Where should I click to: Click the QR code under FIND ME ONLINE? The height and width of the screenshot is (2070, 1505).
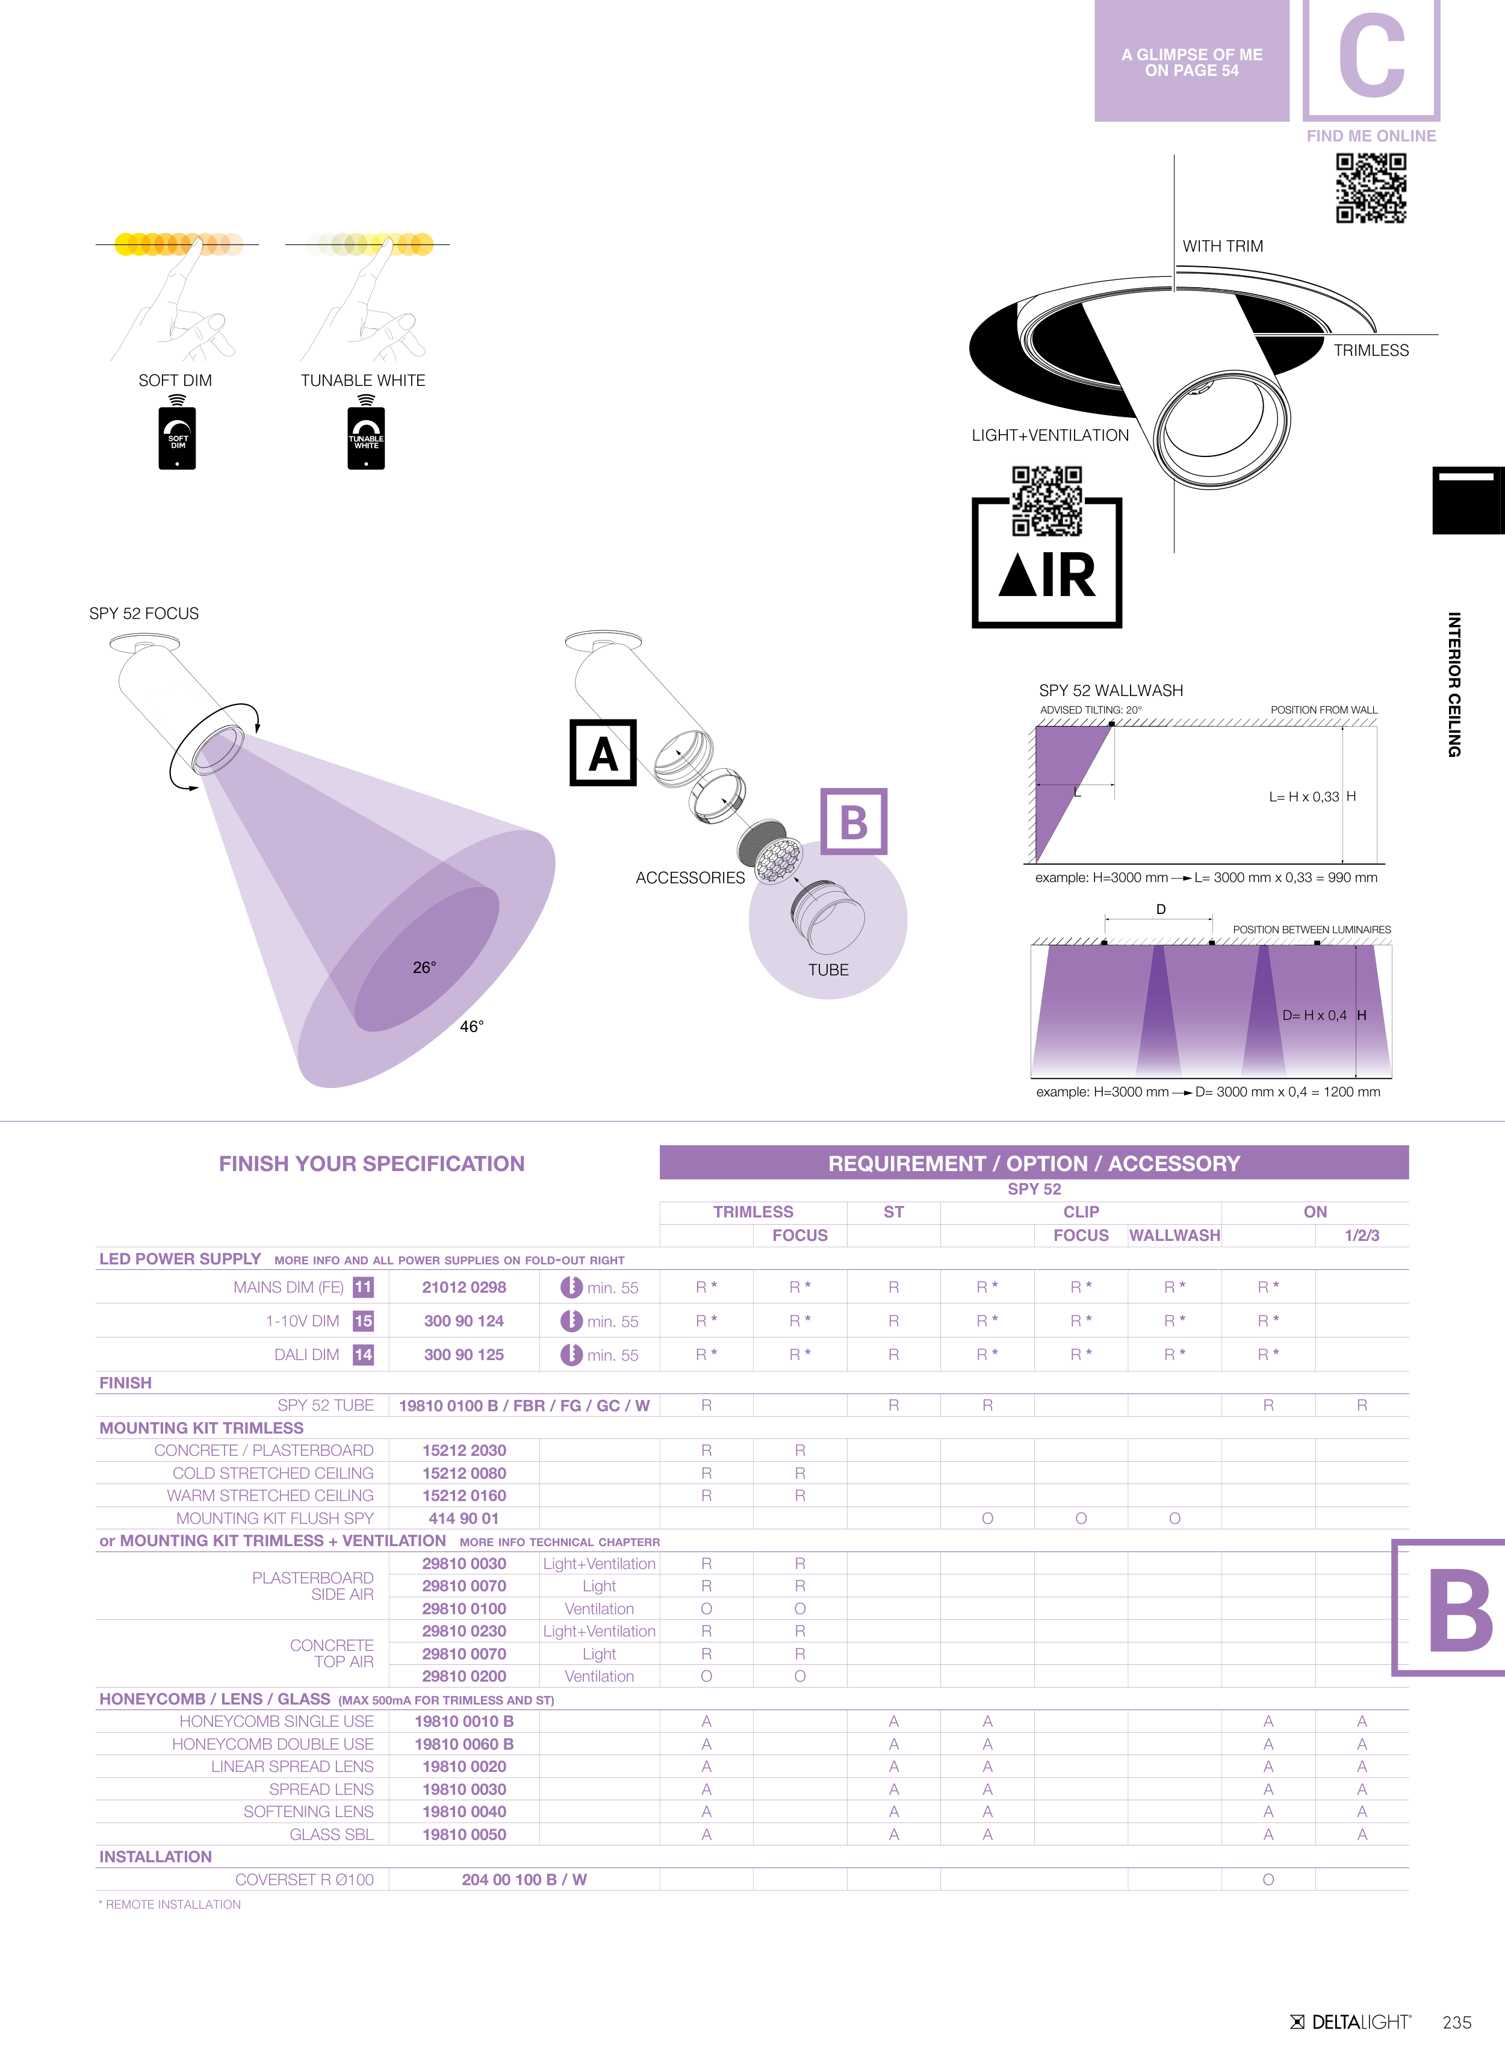(1371, 188)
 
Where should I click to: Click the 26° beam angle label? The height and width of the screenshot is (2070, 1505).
(424, 968)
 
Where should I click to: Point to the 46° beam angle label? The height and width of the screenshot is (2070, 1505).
(472, 1027)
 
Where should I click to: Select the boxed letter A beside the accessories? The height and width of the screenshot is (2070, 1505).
(603, 753)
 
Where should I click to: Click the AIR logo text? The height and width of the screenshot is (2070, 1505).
(1047, 575)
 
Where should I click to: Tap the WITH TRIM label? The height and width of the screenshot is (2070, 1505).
(1223, 246)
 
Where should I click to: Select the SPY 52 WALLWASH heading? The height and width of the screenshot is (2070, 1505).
(1111, 691)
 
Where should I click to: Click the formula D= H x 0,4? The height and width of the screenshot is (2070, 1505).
(1314, 1016)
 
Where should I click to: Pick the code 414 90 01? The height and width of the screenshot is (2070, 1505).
(464, 1518)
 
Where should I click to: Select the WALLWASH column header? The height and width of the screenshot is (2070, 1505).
(1175, 1235)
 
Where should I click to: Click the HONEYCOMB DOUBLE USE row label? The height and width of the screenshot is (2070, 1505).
(273, 1744)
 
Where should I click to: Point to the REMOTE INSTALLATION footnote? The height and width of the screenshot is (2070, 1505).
(170, 1905)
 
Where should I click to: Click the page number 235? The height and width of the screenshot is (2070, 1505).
(1457, 2022)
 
